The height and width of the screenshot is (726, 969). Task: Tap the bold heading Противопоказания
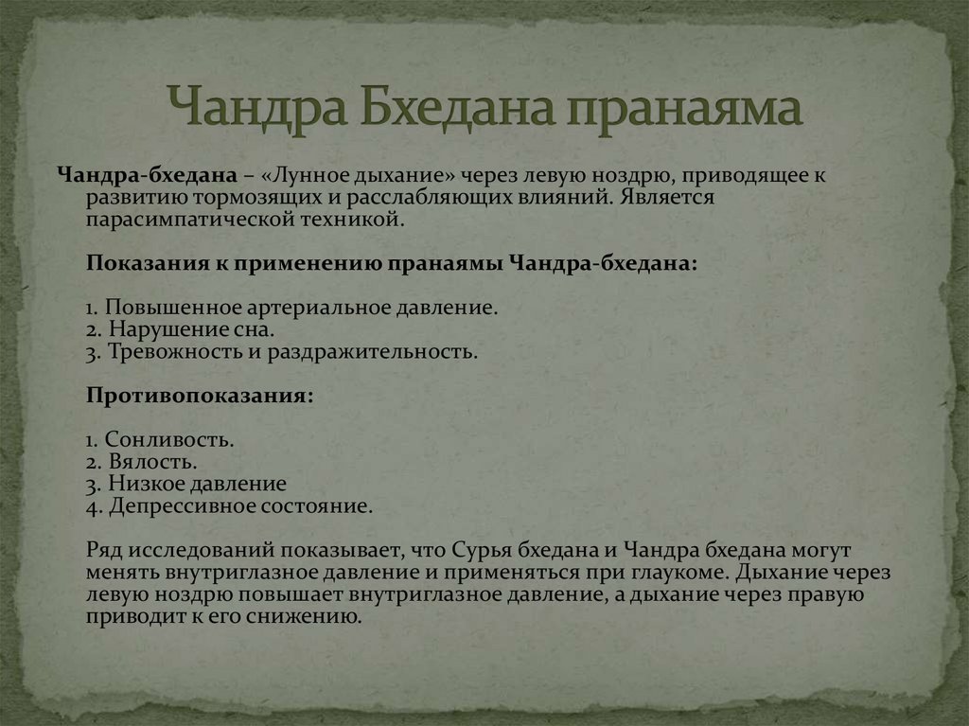(199, 396)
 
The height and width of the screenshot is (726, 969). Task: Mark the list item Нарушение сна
(192, 330)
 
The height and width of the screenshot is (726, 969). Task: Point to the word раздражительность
(375, 352)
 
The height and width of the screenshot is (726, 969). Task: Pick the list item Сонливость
(168, 440)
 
